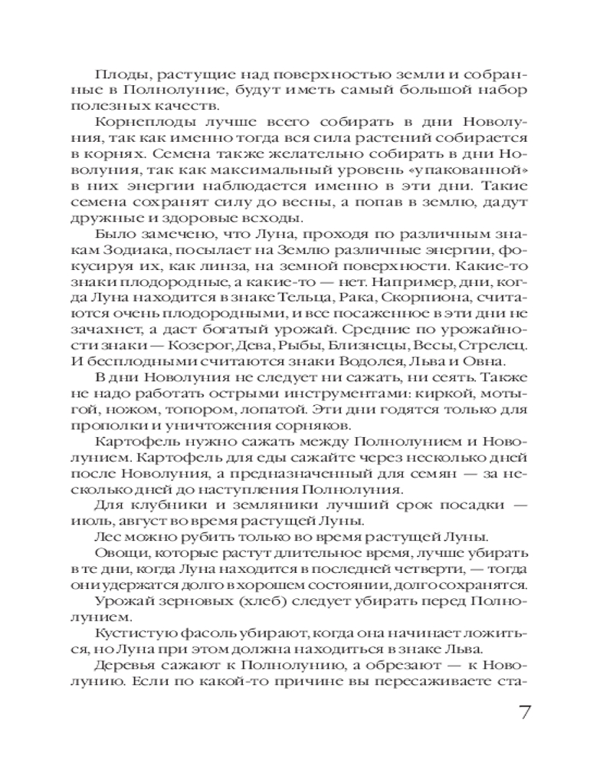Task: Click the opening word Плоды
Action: point(115,74)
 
